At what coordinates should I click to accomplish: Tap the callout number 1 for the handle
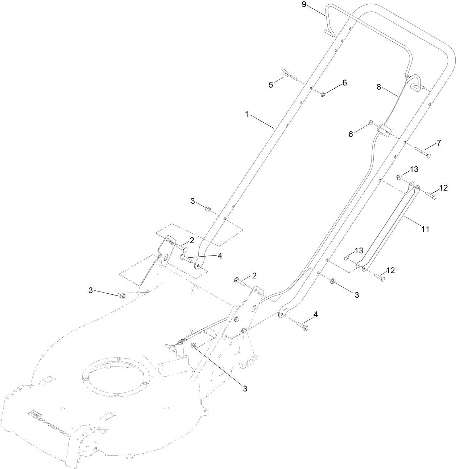247,114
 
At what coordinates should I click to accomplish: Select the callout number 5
271,85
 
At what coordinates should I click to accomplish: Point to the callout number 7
439,143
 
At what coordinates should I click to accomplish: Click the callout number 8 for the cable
379,87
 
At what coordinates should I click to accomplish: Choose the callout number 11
425,229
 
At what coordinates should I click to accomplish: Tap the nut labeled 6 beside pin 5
323,95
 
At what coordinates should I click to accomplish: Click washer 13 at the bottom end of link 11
346,258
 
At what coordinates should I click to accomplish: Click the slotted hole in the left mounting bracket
165,257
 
